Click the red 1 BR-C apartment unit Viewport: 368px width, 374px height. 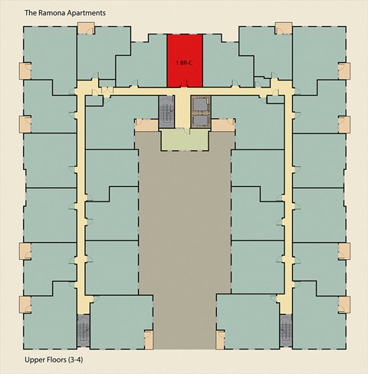[x=185, y=61]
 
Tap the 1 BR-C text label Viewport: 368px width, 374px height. [x=184, y=63]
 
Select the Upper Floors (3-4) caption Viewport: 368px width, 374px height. [x=54, y=359]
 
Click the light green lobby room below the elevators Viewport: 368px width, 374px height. [x=185, y=139]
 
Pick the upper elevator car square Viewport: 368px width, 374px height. [x=201, y=104]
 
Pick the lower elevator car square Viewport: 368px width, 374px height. [x=201, y=120]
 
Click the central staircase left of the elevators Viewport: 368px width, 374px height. [x=166, y=112]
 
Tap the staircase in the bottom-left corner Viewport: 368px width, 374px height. [x=84, y=330]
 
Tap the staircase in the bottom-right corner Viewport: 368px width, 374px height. [x=286, y=330]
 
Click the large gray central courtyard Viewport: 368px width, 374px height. [x=185, y=230]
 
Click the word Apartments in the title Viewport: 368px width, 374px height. [x=85, y=13]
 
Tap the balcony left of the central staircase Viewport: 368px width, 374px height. [x=146, y=125]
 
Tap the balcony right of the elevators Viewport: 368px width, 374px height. [x=222, y=125]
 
